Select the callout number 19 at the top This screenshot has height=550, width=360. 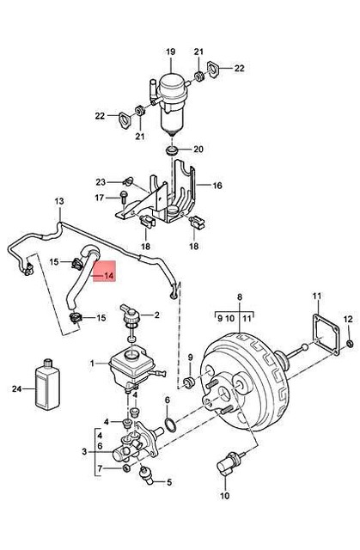point(170,52)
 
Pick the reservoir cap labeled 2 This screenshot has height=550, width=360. point(131,319)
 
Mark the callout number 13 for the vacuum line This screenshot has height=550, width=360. point(59,203)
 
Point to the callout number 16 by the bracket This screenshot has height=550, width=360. point(217,185)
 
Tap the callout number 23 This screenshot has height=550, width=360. point(101,180)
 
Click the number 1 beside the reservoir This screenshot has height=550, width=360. point(95,363)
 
